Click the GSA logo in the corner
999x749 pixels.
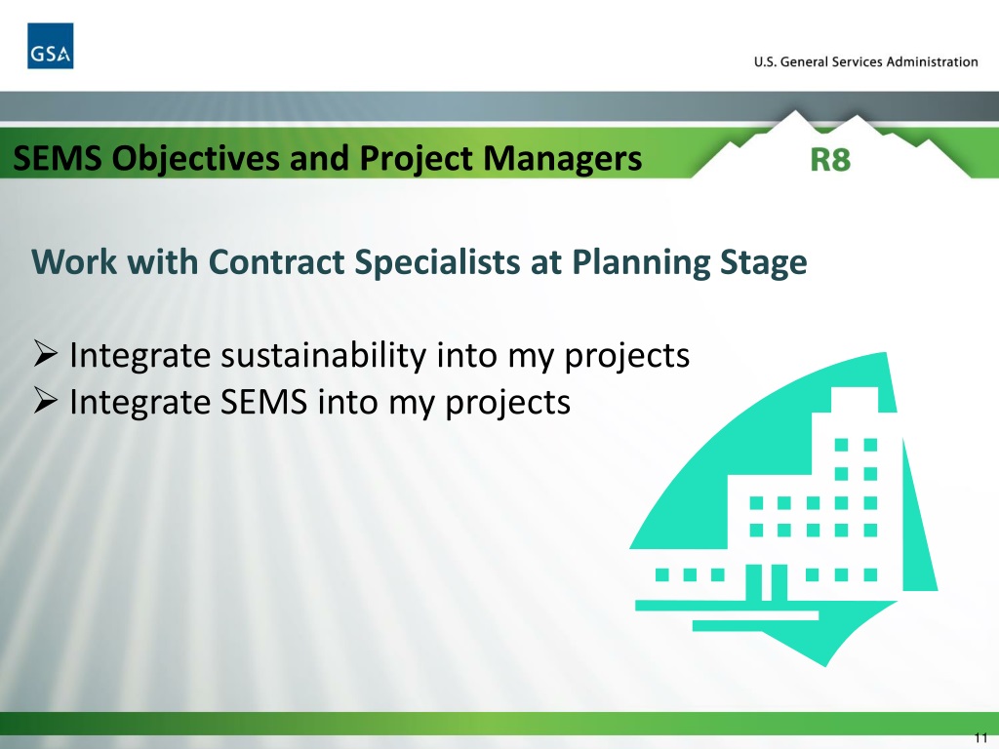click(x=50, y=46)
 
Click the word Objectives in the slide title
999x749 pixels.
click(x=180, y=157)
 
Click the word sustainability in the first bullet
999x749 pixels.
click(x=319, y=356)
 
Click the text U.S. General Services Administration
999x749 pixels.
click(x=865, y=61)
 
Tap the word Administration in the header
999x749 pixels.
click(x=933, y=61)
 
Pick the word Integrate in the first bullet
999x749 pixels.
click(x=140, y=356)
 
